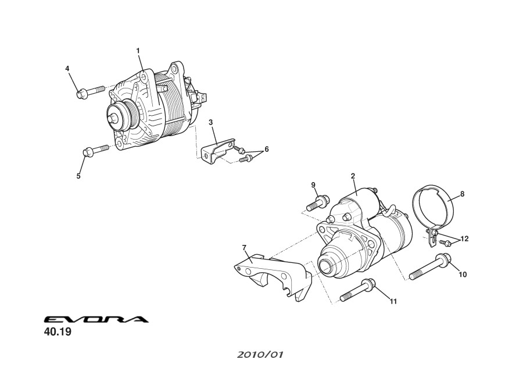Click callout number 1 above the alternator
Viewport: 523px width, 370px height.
138,51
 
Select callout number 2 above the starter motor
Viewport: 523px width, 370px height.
353,176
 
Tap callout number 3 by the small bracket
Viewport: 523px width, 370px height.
211,123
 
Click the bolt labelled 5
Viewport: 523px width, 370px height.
95,150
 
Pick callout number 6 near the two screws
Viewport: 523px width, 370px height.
267,149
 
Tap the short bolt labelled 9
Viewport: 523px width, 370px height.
317,202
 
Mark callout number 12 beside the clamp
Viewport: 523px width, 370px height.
464,239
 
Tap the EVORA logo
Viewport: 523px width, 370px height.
96,319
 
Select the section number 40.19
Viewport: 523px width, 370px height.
58,332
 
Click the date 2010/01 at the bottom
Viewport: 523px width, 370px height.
260,355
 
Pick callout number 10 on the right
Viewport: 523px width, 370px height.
463,275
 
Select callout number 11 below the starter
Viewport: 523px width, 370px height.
393,301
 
